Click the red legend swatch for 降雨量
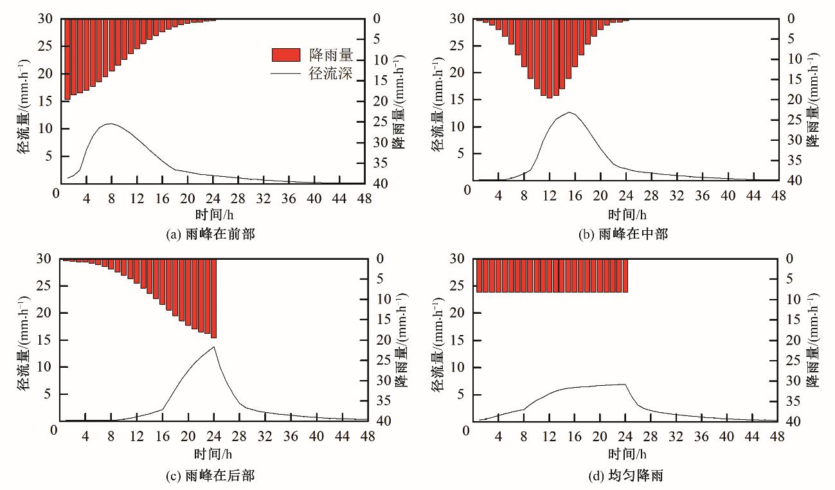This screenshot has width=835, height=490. [x=286, y=55]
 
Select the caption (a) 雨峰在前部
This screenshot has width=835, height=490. [x=211, y=234]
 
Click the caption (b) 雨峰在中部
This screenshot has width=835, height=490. [x=624, y=234]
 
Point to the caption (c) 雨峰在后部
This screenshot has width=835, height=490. [x=211, y=476]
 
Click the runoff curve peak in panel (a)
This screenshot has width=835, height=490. [x=111, y=124]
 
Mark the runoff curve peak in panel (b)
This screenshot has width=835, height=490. [x=569, y=113]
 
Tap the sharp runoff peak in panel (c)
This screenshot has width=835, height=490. [x=214, y=347]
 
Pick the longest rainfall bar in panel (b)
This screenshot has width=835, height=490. [x=549, y=59]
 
